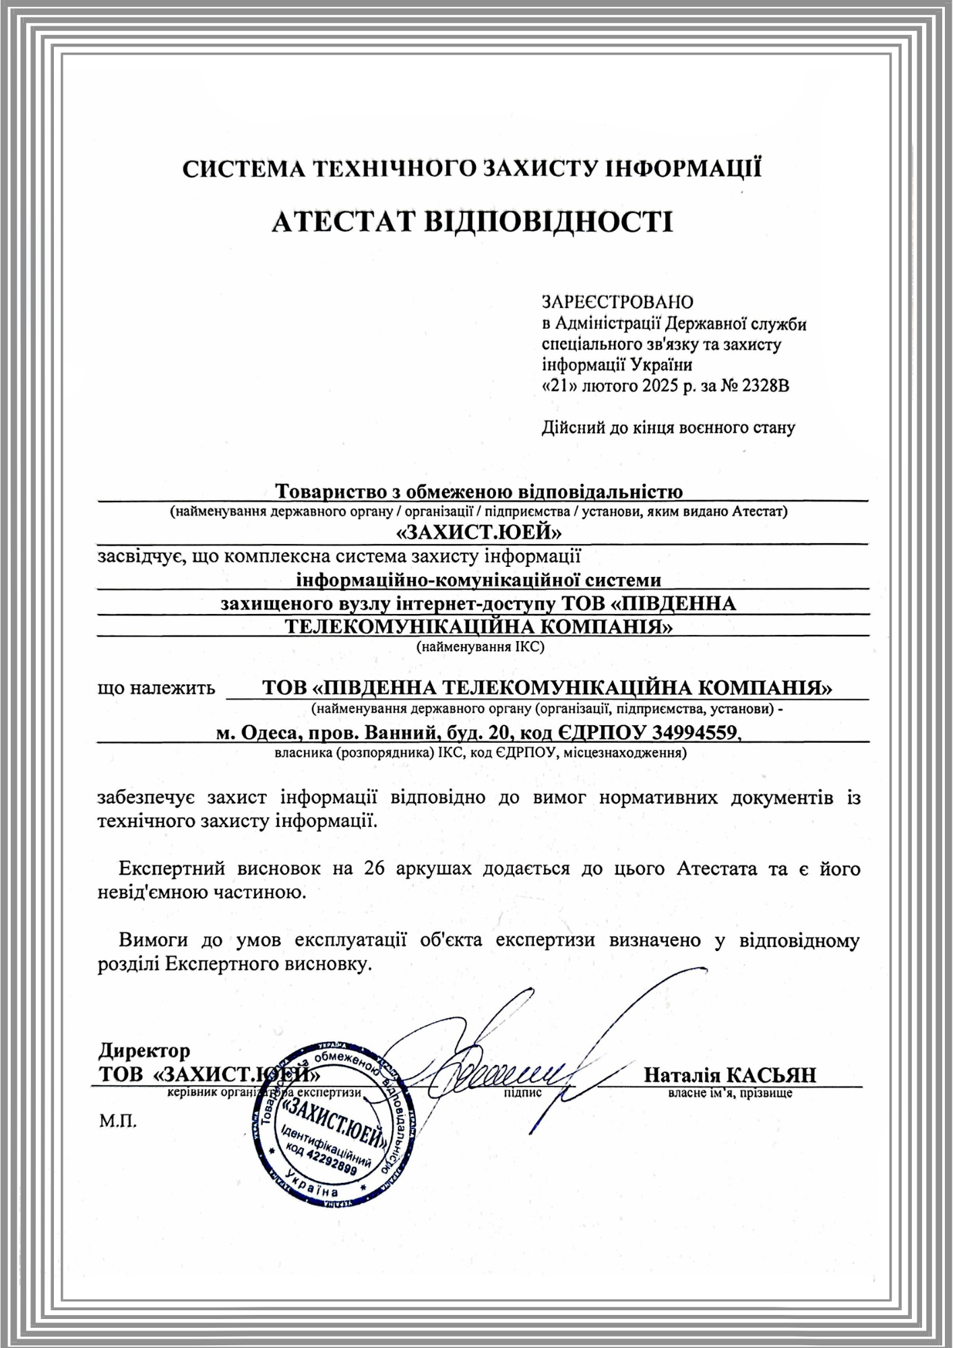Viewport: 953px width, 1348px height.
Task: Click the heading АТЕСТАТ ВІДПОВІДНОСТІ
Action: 472,222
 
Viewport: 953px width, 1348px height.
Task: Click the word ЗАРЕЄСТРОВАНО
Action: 617,301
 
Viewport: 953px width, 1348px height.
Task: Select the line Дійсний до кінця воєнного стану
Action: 669,427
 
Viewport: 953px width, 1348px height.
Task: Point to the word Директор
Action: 144,1051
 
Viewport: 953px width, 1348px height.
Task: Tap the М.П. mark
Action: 117,1122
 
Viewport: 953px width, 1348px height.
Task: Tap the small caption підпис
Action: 522,1093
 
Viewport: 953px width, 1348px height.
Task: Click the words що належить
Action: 156,688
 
